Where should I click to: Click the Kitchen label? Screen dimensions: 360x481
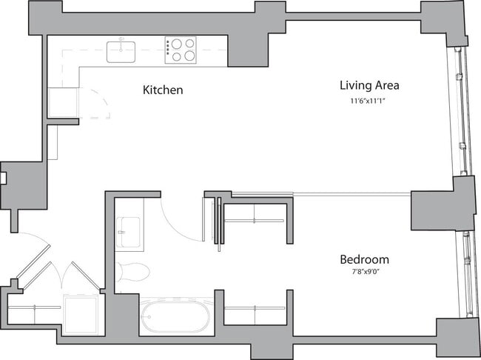[162, 90]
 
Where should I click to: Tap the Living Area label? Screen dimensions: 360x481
[363, 85]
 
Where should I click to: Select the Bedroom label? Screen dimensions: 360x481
[364, 260]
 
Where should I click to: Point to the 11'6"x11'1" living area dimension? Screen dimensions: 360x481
[363, 101]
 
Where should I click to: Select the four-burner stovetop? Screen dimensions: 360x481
[181, 50]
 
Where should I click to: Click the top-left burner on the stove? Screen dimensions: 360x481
[177, 44]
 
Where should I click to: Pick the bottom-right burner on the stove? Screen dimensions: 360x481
[189, 56]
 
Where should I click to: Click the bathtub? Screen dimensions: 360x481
[175, 316]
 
